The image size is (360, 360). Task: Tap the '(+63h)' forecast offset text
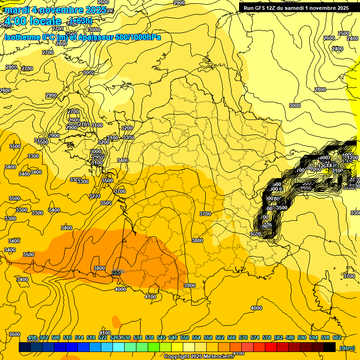pos(81,21)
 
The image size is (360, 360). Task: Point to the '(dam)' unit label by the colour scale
pos(347,348)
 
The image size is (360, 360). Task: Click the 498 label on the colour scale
pos(32,337)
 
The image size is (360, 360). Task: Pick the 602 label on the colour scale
pos(337,337)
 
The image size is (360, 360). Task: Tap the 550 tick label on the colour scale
pos(185,337)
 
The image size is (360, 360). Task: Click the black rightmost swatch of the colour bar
pos(330,347)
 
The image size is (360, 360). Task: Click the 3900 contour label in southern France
pos(190,285)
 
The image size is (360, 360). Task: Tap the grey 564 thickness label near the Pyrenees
pos(117,273)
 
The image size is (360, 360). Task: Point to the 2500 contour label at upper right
pos(344,33)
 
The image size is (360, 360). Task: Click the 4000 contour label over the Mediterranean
pos(256,308)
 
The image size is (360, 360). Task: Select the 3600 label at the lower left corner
pos(15,334)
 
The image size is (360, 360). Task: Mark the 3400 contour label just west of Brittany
pos(123,160)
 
